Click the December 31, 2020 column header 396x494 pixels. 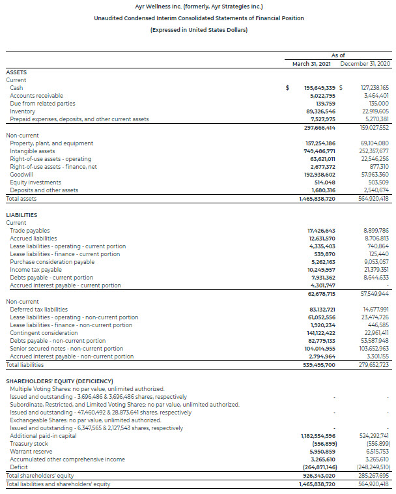365,64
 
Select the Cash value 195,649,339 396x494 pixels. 320,88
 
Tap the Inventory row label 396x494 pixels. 23,111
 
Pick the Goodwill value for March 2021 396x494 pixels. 320,175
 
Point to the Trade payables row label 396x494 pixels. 29,231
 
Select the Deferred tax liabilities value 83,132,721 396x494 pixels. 322,310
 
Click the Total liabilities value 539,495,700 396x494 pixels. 320,365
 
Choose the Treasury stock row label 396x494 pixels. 29,444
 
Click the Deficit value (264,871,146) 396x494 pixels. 320,468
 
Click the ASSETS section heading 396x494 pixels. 16,72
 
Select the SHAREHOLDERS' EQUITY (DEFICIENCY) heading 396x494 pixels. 59,381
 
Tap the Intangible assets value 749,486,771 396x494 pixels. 320,151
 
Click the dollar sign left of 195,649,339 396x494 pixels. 289,88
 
